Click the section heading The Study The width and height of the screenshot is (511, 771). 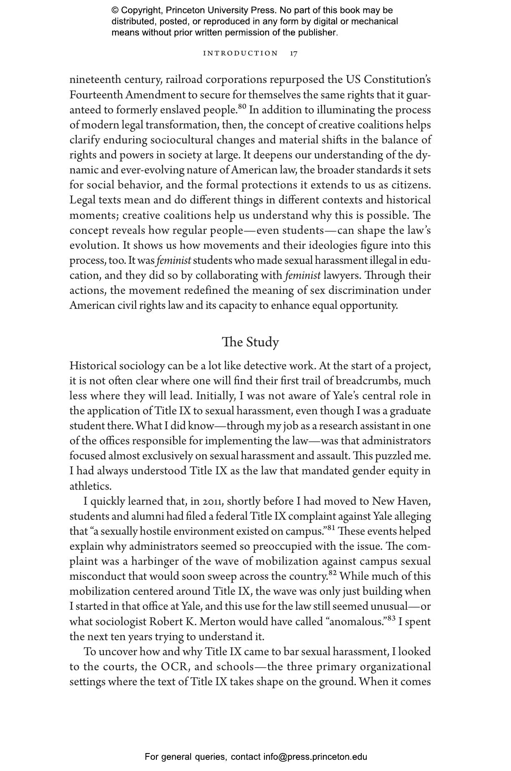click(250, 342)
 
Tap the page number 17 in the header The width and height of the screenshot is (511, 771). click(294, 53)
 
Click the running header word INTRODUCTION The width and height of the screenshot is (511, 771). click(240, 53)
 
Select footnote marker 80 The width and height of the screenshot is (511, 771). click(242, 107)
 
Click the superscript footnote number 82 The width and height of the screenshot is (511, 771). click(332, 573)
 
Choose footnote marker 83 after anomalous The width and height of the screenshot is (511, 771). click(391, 618)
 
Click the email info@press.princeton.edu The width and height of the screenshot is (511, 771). click(315, 757)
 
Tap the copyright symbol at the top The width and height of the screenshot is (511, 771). click(115, 10)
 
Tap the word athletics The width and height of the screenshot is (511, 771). click(90, 486)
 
